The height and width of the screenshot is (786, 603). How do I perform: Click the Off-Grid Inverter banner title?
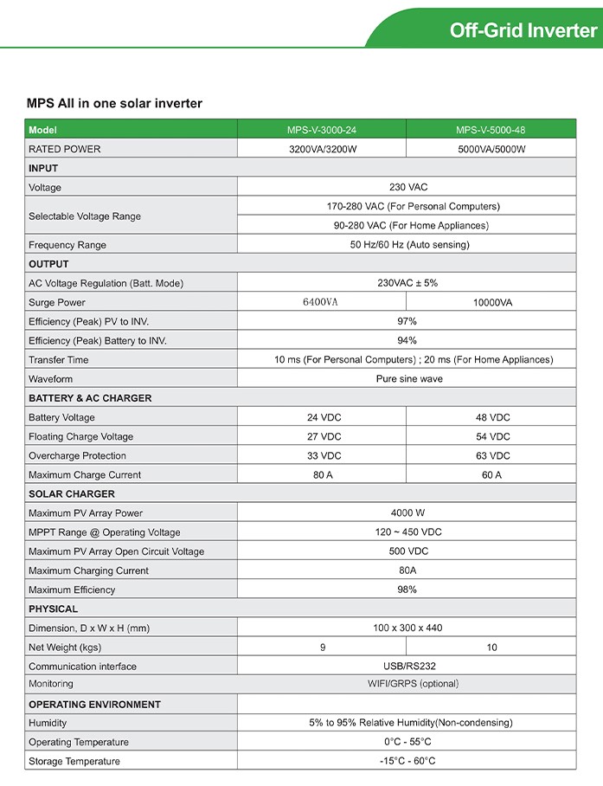pyautogui.click(x=523, y=30)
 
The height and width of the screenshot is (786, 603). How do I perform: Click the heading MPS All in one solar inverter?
pyautogui.click(x=114, y=104)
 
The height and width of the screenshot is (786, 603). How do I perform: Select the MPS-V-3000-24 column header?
pyautogui.click(x=321, y=130)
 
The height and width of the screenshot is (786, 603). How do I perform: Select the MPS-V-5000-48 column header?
pyautogui.click(x=491, y=130)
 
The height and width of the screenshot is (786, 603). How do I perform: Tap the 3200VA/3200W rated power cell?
pyautogui.click(x=321, y=149)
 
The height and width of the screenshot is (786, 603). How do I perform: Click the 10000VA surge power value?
pyautogui.click(x=491, y=302)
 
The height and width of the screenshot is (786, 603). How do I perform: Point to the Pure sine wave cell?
pyautogui.click(x=409, y=379)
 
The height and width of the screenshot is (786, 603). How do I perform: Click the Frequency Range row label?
pyautogui.click(x=67, y=245)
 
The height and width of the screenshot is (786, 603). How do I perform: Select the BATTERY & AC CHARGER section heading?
pyautogui.click(x=90, y=398)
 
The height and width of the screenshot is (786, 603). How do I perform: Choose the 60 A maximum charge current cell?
pyautogui.click(x=491, y=474)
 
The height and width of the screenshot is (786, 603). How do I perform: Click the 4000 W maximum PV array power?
pyautogui.click(x=407, y=513)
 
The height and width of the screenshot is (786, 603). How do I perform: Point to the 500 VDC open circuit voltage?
pyautogui.click(x=408, y=551)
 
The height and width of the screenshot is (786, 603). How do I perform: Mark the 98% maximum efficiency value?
pyautogui.click(x=407, y=589)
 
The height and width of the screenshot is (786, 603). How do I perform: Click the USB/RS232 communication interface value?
pyautogui.click(x=407, y=667)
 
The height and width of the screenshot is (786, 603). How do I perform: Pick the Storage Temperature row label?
pyautogui.click(x=74, y=761)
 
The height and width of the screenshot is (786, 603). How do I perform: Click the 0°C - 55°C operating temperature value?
pyautogui.click(x=407, y=742)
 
